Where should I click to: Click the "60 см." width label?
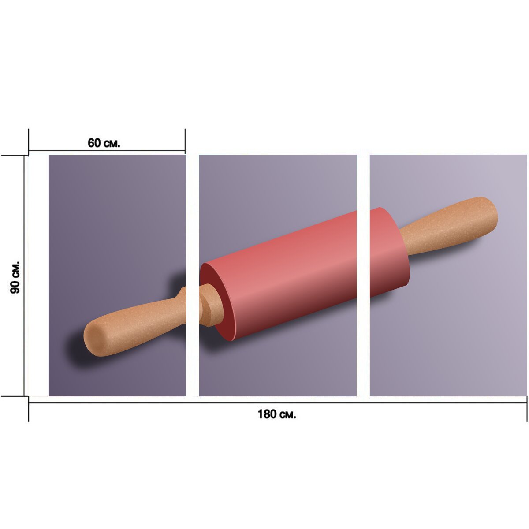(104, 143)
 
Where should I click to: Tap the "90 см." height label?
(15, 278)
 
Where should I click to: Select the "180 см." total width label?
(277, 414)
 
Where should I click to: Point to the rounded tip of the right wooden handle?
(492, 212)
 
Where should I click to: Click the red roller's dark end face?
(217, 302)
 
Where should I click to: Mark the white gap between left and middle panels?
(193, 276)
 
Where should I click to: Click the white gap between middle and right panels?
(363, 276)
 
